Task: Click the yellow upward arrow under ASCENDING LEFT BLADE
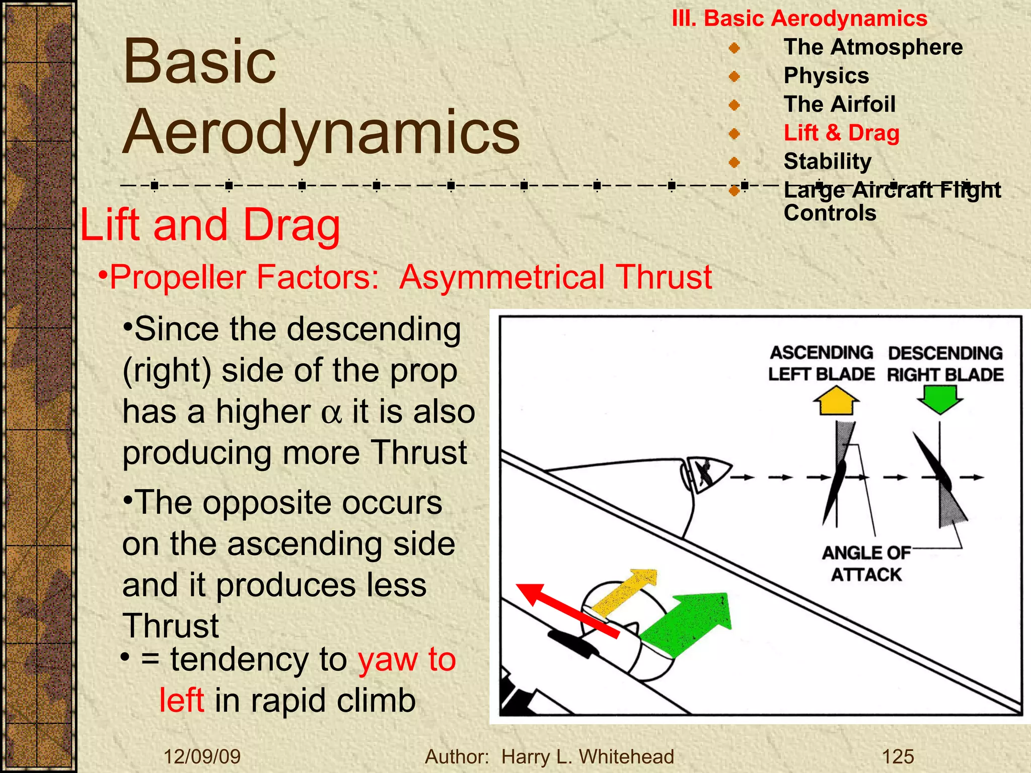click(836, 401)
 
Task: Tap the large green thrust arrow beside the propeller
click(690, 624)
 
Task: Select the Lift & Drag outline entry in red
click(841, 133)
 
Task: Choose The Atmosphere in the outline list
click(873, 47)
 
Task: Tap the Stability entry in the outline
click(827, 162)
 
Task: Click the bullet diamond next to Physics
click(734, 76)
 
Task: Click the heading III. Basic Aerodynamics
click(799, 19)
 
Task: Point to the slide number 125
click(898, 756)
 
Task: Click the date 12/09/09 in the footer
click(202, 756)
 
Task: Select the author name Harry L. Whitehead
click(587, 756)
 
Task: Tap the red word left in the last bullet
click(182, 700)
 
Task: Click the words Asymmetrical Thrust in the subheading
click(555, 277)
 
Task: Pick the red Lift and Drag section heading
click(210, 225)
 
